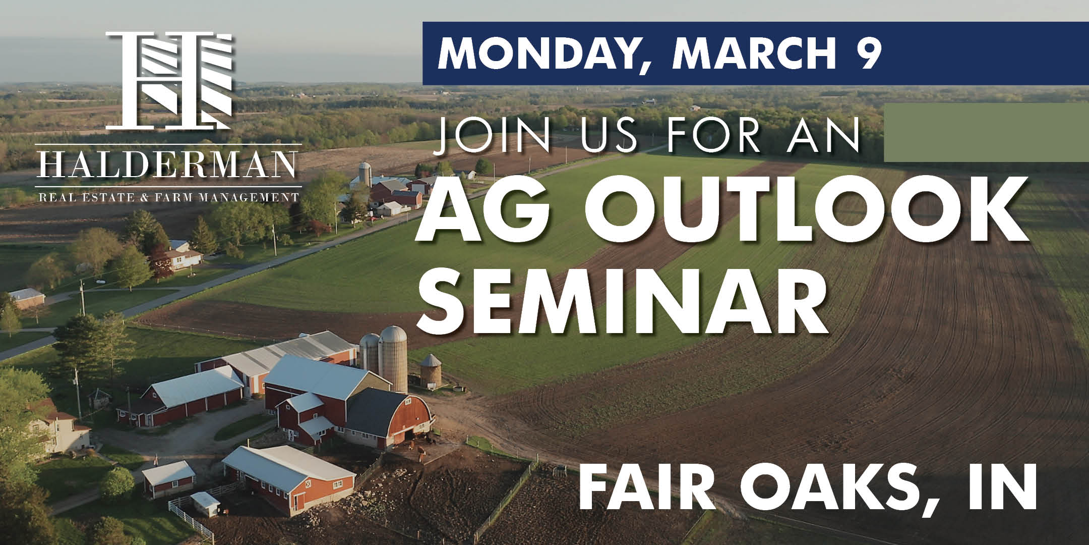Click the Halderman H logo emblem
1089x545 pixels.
click(169, 80)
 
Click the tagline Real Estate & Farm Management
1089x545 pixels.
click(169, 196)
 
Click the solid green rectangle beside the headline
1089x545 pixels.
click(986, 133)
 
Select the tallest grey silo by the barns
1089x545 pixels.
click(393, 358)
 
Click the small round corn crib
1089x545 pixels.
click(431, 371)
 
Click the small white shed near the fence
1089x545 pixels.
click(205, 503)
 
